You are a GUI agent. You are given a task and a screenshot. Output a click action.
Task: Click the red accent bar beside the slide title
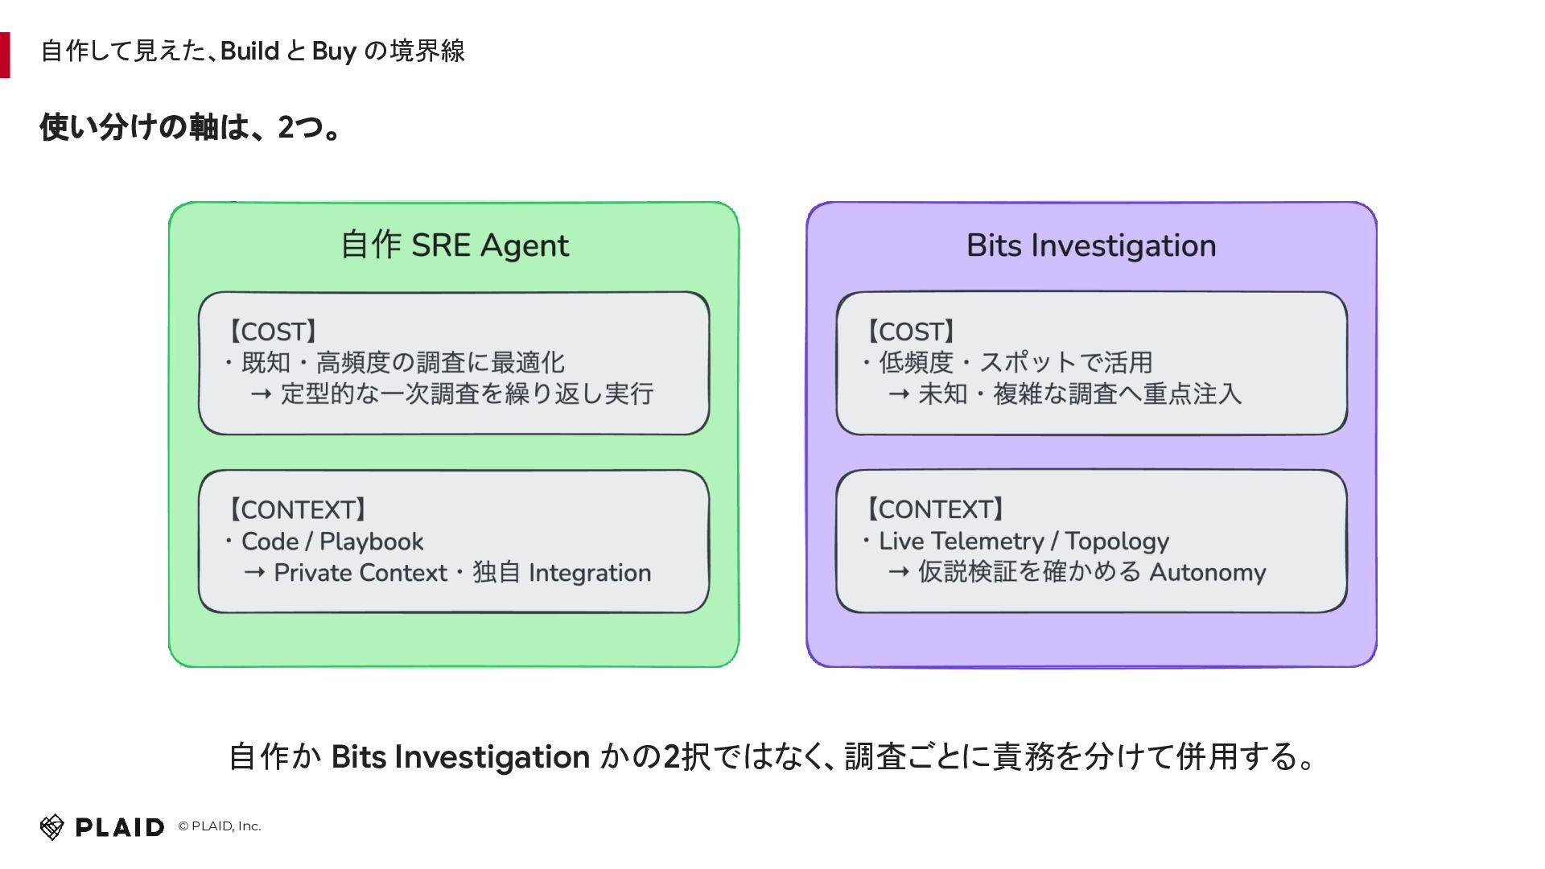5,55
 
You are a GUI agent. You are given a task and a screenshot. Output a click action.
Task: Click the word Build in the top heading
249,51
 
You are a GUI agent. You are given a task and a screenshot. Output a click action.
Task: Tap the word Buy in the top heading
334,51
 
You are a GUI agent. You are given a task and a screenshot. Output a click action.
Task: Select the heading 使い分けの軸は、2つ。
192,127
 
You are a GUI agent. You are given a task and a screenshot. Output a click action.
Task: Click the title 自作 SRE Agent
455,245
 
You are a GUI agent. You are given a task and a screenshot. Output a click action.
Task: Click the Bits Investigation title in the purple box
1091,245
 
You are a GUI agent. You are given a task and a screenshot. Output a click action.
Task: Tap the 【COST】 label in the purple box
911,332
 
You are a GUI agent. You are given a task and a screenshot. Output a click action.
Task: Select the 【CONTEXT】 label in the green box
298,509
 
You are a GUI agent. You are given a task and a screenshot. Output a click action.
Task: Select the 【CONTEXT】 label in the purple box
935,509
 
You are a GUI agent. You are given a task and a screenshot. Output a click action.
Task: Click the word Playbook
371,542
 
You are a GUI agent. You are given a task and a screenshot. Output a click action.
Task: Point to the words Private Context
360,572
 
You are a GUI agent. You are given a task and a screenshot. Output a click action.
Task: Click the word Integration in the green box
590,573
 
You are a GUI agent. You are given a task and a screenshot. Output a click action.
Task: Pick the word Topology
1117,542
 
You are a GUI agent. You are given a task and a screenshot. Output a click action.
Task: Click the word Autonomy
1208,572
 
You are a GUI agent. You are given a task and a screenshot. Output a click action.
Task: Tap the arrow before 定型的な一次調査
261,394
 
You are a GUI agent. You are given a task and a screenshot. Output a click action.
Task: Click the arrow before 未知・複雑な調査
899,394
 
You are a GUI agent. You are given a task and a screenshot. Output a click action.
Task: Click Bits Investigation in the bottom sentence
460,757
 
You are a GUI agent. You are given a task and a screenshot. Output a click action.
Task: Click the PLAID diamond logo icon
51,826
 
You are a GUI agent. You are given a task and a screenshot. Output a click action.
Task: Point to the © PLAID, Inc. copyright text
220,826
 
